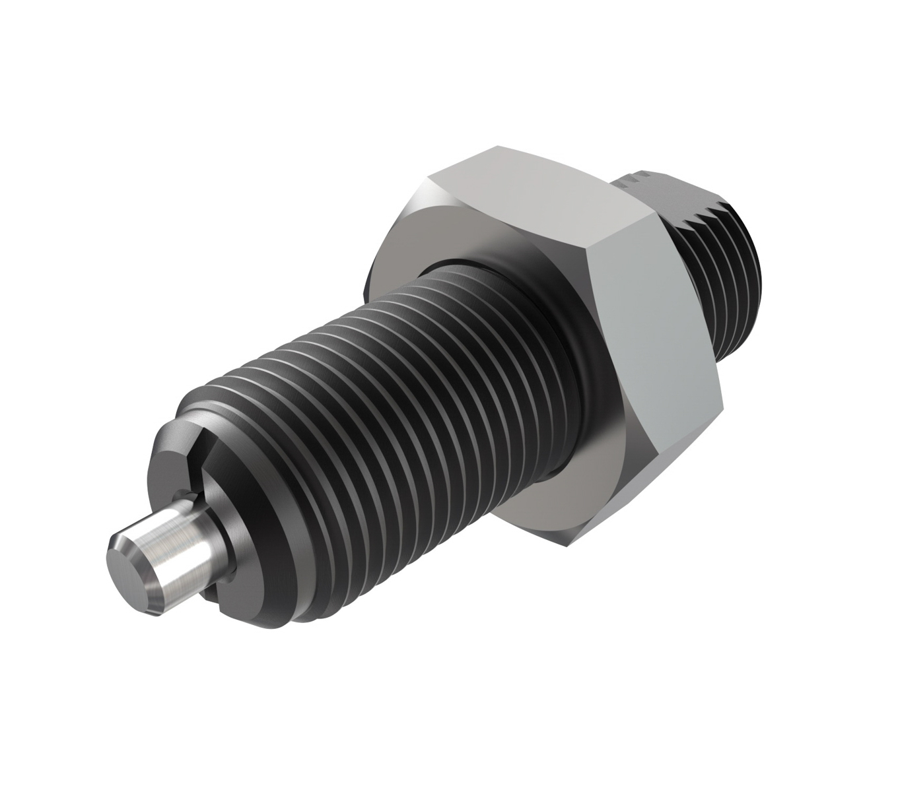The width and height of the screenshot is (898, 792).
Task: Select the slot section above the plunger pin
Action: click(x=198, y=462)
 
